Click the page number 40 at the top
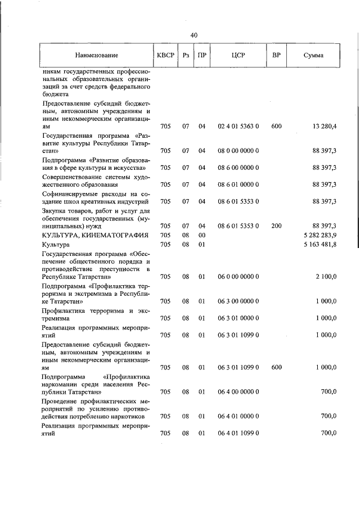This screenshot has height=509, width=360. (194, 35)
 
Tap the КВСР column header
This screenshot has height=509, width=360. (165, 56)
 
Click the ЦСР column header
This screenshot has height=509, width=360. (238, 56)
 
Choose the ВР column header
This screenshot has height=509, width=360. (276, 56)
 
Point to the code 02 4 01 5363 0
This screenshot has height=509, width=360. (238, 127)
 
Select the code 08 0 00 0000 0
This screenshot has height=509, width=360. (238, 151)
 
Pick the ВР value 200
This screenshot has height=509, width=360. (276, 226)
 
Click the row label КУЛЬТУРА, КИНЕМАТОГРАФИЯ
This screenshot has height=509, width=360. (95, 235)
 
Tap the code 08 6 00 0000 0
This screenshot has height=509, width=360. (238, 168)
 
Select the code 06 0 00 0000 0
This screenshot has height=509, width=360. (238, 277)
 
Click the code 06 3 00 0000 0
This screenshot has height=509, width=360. (238, 301)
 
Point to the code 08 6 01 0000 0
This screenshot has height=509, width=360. (238, 184)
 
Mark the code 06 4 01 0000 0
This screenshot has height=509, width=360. (238, 416)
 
